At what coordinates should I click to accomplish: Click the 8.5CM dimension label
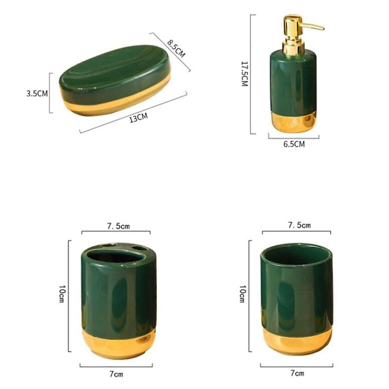(176, 49)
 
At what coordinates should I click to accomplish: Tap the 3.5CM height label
(37, 93)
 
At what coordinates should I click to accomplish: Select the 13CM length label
(138, 118)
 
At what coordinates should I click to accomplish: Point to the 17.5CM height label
(244, 74)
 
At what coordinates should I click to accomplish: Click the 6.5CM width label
(294, 144)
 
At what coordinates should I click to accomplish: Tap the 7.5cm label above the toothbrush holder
(119, 226)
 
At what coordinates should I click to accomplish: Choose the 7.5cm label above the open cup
(300, 225)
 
